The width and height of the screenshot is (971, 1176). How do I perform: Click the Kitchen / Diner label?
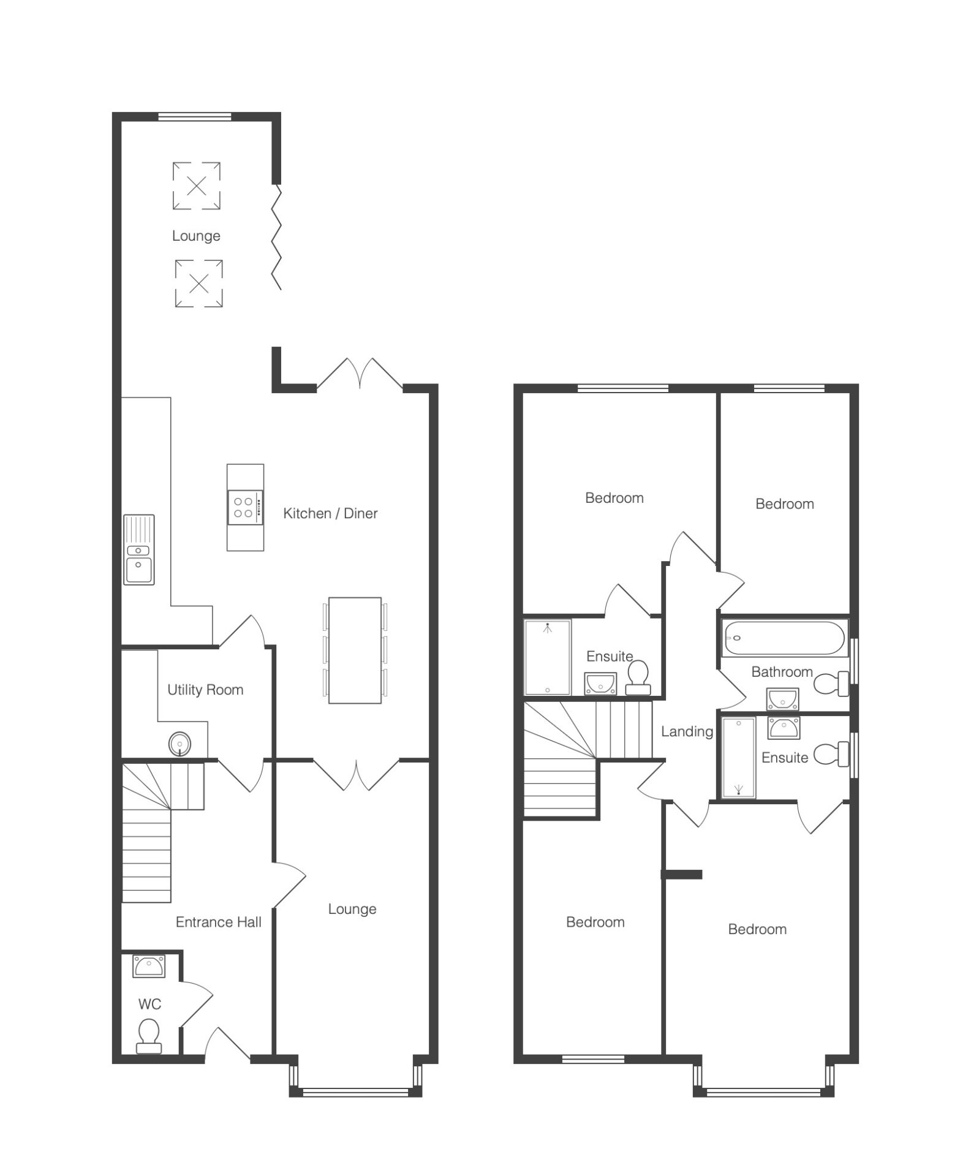(330, 513)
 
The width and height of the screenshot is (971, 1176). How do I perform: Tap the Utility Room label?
(205, 690)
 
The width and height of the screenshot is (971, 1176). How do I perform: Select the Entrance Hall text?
(219, 922)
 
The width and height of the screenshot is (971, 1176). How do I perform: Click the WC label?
(149, 1004)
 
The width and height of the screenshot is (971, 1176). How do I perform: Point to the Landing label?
(687, 731)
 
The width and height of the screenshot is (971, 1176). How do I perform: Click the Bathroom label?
(782, 672)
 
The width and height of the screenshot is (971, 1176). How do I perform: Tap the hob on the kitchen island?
(245, 508)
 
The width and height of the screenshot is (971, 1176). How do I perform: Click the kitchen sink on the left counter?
(139, 549)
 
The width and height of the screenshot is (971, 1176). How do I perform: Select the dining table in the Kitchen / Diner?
(355, 650)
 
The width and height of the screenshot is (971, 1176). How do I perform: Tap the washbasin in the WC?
(148, 967)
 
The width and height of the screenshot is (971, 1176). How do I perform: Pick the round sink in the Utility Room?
(179, 744)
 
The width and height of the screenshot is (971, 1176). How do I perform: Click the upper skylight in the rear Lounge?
(196, 186)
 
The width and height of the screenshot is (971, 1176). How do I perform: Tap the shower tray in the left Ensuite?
(548, 657)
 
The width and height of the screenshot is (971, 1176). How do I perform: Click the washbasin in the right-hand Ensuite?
(783, 728)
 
